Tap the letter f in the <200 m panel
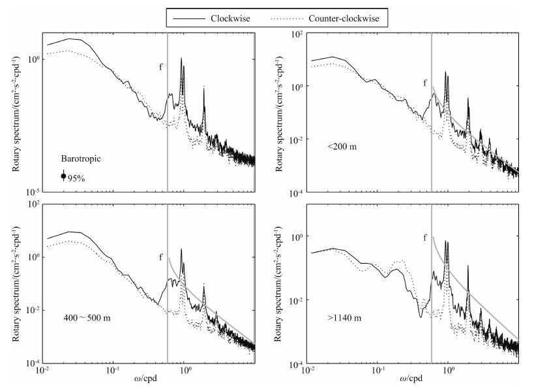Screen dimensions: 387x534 426,82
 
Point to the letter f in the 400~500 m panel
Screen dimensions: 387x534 161,258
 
